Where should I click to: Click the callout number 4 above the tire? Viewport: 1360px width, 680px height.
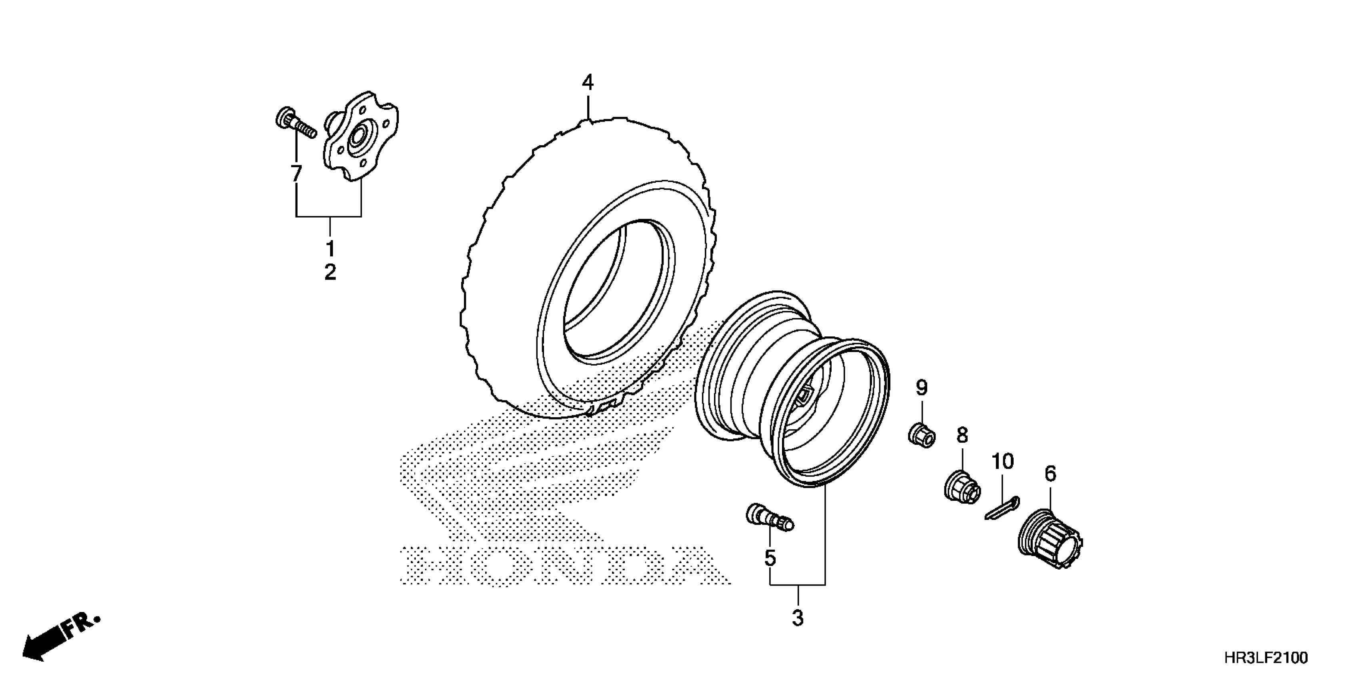coord(588,82)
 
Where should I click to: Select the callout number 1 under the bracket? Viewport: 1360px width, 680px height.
coord(330,248)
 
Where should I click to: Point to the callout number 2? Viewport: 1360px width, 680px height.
coord(330,272)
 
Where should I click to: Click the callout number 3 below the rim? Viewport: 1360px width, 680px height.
coord(798,618)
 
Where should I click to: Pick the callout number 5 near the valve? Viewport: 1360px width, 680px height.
coord(770,558)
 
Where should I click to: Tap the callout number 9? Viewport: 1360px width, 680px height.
coord(921,388)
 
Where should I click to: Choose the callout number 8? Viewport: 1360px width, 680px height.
coord(962,436)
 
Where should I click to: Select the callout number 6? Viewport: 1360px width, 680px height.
coord(1050,474)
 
